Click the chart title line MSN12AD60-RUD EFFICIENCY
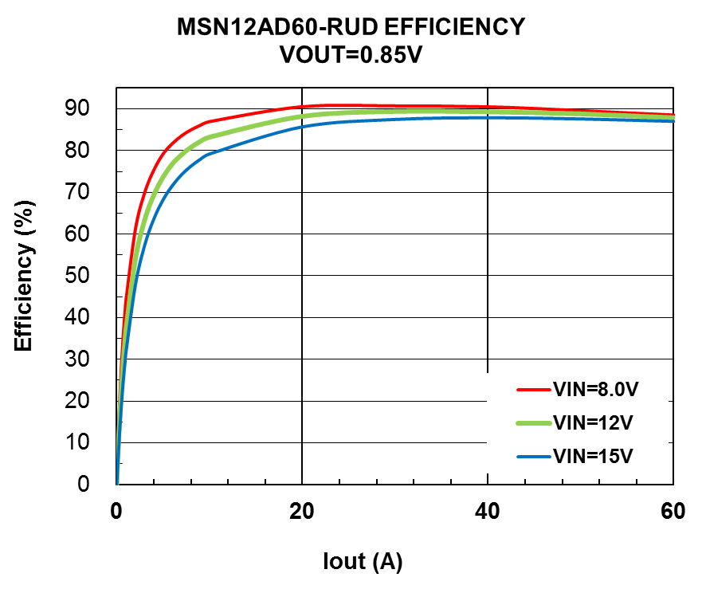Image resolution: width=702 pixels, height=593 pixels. click(x=351, y=27)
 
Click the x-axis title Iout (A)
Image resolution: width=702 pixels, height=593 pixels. click(x=363, y=561)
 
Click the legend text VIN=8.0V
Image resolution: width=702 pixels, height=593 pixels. click(x=596, y=390)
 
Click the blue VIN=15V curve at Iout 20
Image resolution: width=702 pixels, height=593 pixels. click(x=302, y=126)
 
